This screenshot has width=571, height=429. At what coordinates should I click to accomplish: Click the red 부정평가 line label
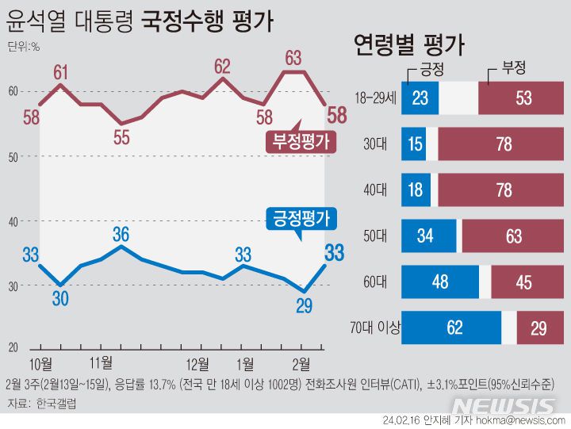coord(300,143)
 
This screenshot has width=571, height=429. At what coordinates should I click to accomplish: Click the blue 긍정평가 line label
coord(300,217)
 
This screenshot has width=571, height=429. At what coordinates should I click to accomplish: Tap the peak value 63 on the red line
coord(293,57)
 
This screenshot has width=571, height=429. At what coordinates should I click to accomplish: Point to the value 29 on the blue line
coord(303,305)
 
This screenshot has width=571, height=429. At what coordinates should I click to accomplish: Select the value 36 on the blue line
coord(121,234)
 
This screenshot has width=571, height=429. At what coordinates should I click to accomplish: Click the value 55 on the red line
coord(121,136)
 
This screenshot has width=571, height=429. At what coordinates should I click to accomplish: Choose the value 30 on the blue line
coord(60,298)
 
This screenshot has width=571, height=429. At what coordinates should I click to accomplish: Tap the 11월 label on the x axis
coord(100,364)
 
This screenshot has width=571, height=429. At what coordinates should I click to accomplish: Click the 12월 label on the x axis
coord(197,364)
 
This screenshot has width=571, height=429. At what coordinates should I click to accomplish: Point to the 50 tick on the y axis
coord(13,157)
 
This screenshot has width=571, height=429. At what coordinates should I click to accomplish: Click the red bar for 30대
coord(502,144)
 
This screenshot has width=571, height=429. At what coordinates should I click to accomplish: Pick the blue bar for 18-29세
coord(420,99)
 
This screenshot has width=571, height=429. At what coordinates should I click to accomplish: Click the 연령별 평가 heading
coord(408,44)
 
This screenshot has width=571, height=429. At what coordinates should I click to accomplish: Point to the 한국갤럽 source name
coord(57,404)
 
